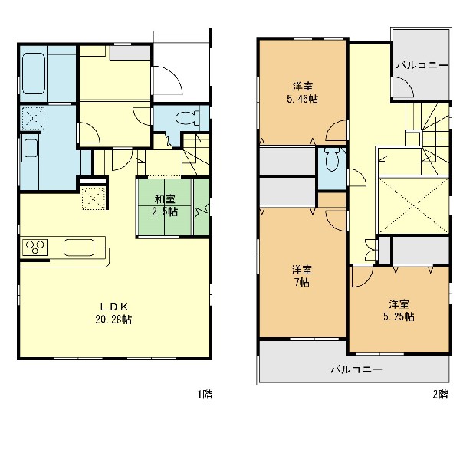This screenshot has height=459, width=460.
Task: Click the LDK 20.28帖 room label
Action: [x=113, y=313]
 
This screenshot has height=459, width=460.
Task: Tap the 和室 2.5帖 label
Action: [x=165, y=205]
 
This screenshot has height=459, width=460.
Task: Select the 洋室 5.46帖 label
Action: [x=303, y=93]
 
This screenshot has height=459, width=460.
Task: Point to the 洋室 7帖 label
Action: [x=302, y=276]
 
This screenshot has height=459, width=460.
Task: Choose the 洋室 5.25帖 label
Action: [x=399, y=310]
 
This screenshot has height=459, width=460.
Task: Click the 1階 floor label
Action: [x=205, y=394]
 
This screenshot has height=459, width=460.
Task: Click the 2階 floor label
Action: [x=441, y=394]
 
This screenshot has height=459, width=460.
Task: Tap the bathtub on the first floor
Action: [x=34, y=74]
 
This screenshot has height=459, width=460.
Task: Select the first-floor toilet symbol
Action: [x=188, y=118]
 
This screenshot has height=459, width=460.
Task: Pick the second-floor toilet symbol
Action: [x=332, y=159]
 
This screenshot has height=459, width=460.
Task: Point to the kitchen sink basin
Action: [x=79, y=248]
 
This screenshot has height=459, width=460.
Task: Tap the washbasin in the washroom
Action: [x=31, y=148]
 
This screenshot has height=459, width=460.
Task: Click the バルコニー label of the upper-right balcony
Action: [x=422, y=65]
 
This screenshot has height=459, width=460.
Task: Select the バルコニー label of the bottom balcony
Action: [x=356, y=369]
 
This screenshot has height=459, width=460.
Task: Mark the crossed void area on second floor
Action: [x=414, y=205]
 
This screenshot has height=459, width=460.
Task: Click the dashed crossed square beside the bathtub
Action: [x=33, y=118]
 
